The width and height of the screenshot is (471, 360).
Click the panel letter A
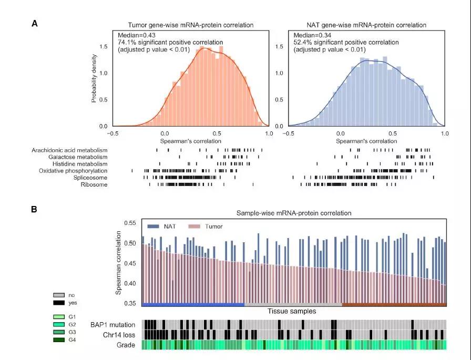35,23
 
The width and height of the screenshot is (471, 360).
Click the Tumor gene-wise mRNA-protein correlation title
191,25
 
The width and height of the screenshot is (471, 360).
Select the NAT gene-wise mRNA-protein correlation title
366,25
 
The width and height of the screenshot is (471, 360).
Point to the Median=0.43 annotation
135,35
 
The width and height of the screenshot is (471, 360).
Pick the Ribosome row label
93,184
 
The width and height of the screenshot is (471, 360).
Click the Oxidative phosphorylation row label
73,171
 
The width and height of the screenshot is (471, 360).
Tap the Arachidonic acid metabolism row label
69,150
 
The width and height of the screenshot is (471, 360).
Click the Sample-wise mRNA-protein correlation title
293,213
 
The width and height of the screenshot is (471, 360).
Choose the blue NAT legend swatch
153,227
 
